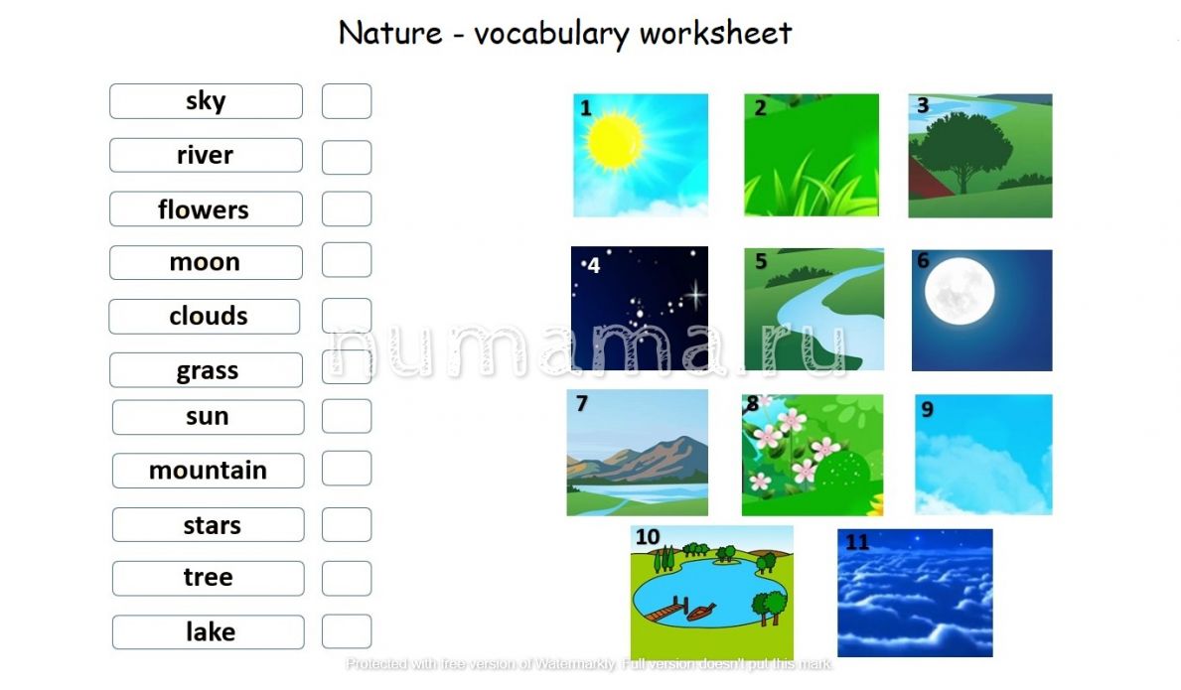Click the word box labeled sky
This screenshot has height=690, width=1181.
click(x=206, y=101)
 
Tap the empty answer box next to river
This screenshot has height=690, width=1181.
click(x=347, y=157)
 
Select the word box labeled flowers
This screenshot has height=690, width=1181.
click(x=206, y=209)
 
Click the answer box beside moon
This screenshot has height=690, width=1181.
click(x=347, y=259)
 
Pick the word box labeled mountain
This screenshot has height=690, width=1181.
click(x=208, y=471)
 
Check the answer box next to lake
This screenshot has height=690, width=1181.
click(x=347, y=631)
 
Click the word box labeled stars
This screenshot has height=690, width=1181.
click(x=208, y=524)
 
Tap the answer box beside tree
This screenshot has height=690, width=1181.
click(x=347, y=579)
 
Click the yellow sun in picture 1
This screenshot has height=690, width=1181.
click(x=615, y=141)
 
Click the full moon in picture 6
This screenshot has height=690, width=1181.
click(x=960, y=291)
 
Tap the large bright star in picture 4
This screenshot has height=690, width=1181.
click(x=694, y=294)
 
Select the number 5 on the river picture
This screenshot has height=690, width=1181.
click(x=761, y=261)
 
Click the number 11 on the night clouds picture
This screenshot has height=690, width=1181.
click(x=857, y=542)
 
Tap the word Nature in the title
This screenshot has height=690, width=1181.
click(x=390, y=33)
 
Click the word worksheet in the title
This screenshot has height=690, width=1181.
click(x=715, y=33)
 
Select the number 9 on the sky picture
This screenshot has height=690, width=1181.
click(x=927, y=409)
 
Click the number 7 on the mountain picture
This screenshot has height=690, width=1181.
click(x=581, y=404)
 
